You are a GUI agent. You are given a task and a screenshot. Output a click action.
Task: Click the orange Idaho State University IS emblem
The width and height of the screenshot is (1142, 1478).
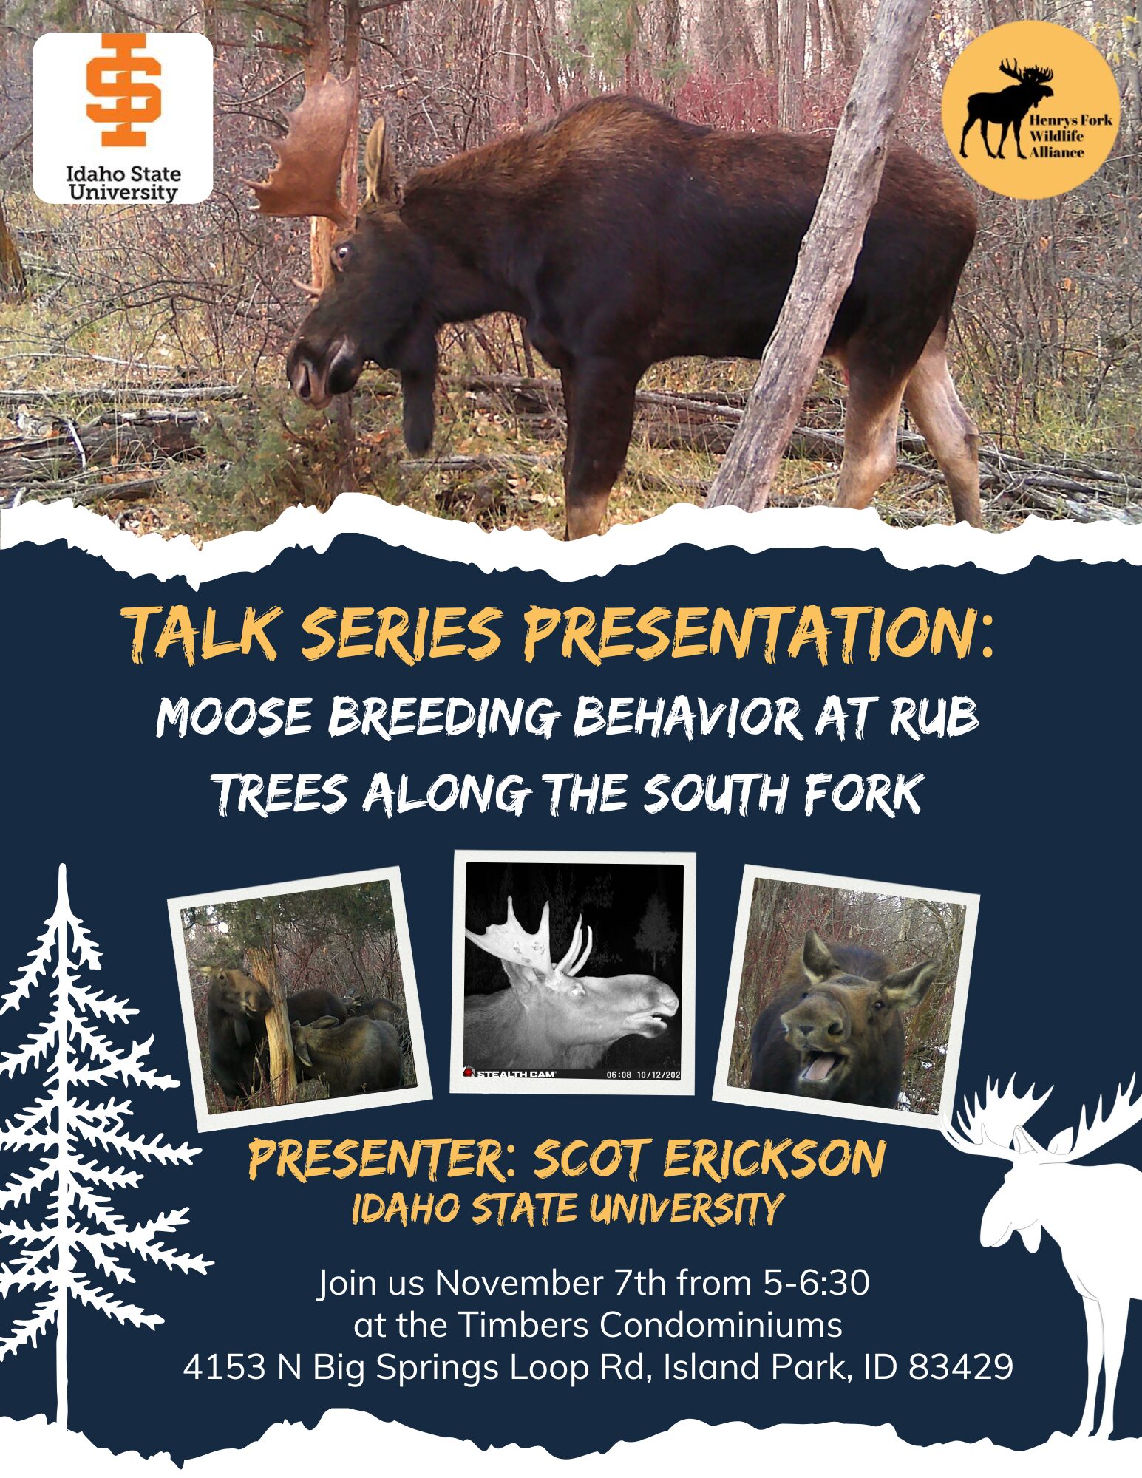coord(123,89)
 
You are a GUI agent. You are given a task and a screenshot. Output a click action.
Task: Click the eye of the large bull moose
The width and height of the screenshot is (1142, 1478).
coord(341,255)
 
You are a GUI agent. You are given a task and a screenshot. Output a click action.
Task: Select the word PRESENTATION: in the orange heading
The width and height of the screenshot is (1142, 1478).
coord(758,633)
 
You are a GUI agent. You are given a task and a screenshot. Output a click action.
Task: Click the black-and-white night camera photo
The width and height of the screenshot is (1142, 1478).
coord(574,972)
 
